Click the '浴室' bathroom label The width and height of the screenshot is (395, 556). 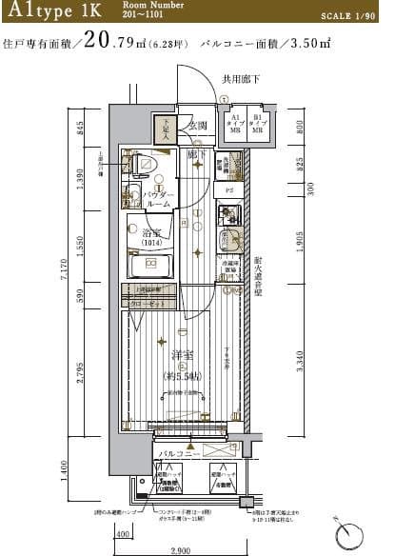pos(153,233)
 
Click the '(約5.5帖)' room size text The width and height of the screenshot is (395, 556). pos(181,377)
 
